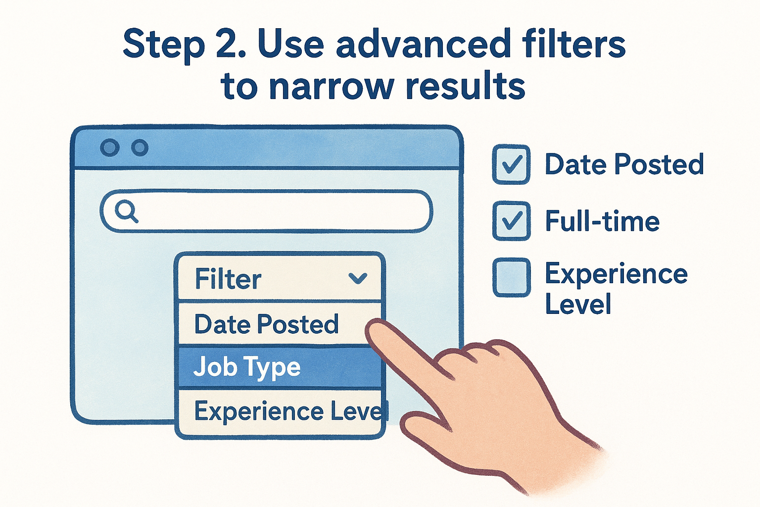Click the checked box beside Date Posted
tap(511, 164)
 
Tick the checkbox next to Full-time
tap(511, 221)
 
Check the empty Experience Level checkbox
tap(511, 277)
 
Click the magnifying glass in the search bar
tap(126, 211)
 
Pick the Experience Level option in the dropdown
tap(287, 411)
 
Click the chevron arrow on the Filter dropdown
tap(357, 278)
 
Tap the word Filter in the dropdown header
tap(228, 279)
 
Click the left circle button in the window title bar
tap(109, 148)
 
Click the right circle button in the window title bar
tap(140, 148)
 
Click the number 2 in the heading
tap(232, 45)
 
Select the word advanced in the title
tap(424, 45)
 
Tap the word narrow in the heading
tap(332, 87)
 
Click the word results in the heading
tap(465, 87)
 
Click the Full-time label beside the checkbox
tap(602, 221)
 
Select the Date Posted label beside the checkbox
tap(624, 164)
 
